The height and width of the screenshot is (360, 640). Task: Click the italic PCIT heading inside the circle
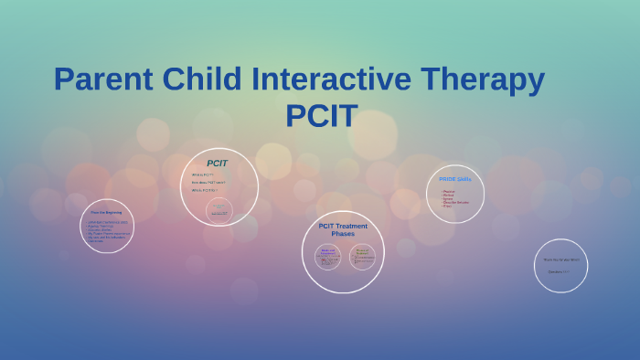pos(217,164)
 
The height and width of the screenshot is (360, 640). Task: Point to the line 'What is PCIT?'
pos(202,175)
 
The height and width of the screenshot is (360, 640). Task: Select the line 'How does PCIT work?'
pos(208,182)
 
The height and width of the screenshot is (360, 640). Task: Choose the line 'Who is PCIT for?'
pos(205,190)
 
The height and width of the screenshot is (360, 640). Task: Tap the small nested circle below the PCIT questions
pos(219,210)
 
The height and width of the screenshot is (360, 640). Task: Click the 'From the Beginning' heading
pos(107,212)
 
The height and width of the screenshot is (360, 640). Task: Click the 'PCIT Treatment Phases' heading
pos(343,229)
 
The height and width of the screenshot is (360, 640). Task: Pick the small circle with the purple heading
pos(328,257)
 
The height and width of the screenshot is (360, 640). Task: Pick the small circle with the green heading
pos(362,257)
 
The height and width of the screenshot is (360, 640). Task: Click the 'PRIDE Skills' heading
pos(454,179)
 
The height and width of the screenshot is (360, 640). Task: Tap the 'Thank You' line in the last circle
pos(560,259)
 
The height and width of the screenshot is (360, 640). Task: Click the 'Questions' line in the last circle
pos(559,271)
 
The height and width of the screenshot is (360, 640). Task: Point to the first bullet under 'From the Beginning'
pos(108,222)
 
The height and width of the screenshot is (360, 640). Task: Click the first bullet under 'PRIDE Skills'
pos(449,191)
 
